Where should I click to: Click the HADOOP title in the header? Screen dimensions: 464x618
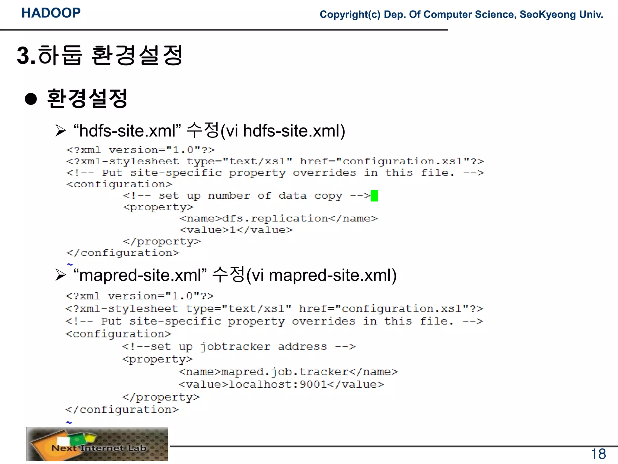point(51,13)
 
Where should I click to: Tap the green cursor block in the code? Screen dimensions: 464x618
point(374,196)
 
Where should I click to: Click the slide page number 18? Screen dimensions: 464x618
point(598,454)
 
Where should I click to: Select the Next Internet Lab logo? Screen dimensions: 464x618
point(97,444)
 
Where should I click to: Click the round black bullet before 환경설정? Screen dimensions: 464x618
point(31,99)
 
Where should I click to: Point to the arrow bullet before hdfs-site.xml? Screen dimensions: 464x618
point(61,131)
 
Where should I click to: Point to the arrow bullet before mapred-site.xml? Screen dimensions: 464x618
point(61,275)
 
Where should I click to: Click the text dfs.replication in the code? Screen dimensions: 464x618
point(275,218)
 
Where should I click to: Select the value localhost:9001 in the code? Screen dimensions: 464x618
point(278,384)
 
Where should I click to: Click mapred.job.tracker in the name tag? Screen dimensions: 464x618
point(285,372)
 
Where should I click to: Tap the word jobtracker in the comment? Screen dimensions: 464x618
point(235,346)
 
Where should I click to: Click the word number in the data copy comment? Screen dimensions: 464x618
point(229,196)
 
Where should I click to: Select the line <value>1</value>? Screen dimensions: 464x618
point(236,230)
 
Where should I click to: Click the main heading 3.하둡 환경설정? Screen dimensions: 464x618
point(100,55)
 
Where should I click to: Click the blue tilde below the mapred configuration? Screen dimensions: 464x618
point(69,422)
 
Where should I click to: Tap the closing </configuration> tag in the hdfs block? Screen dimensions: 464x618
point(123,253)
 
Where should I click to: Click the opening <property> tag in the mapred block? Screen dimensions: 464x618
point(157,359)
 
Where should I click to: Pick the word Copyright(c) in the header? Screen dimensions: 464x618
point(350,14)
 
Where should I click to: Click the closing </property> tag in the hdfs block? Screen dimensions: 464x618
point(162,241)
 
